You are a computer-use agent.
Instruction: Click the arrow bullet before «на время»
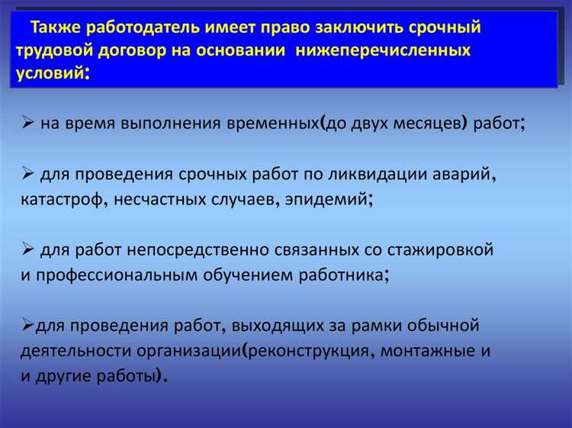[28, 123]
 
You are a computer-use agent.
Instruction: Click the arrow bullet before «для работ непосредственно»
[28, 249]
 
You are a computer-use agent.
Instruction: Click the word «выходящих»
[259, 326]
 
